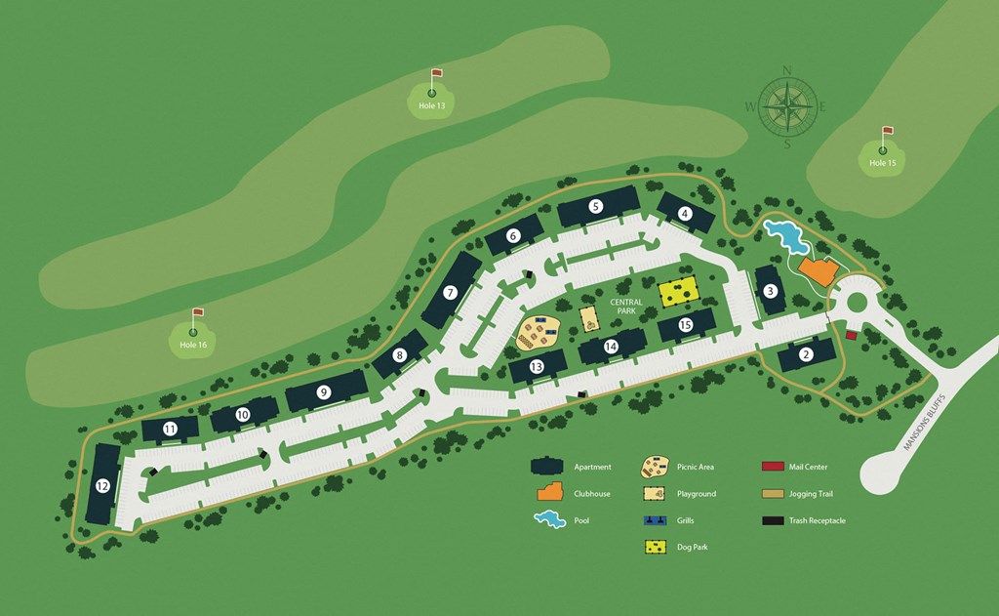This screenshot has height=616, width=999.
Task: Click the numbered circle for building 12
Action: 102,485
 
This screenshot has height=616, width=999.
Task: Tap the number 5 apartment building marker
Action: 596,206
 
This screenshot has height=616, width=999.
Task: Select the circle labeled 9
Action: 324,392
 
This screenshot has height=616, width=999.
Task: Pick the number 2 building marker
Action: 806,354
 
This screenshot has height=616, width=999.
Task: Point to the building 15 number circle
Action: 685,325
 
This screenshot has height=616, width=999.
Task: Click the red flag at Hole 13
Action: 437,74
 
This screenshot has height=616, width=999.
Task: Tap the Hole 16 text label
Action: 193,345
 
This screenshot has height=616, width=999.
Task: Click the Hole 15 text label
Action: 882,163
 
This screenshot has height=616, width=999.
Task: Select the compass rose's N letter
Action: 786,69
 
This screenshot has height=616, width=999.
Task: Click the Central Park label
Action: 626,308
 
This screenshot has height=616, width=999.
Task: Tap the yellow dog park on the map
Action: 678,291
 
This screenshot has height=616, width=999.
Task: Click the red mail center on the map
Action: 851,336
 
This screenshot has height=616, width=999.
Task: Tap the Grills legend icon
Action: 656,520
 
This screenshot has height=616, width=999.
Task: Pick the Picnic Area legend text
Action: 696,468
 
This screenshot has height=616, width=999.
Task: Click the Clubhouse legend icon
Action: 548,493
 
